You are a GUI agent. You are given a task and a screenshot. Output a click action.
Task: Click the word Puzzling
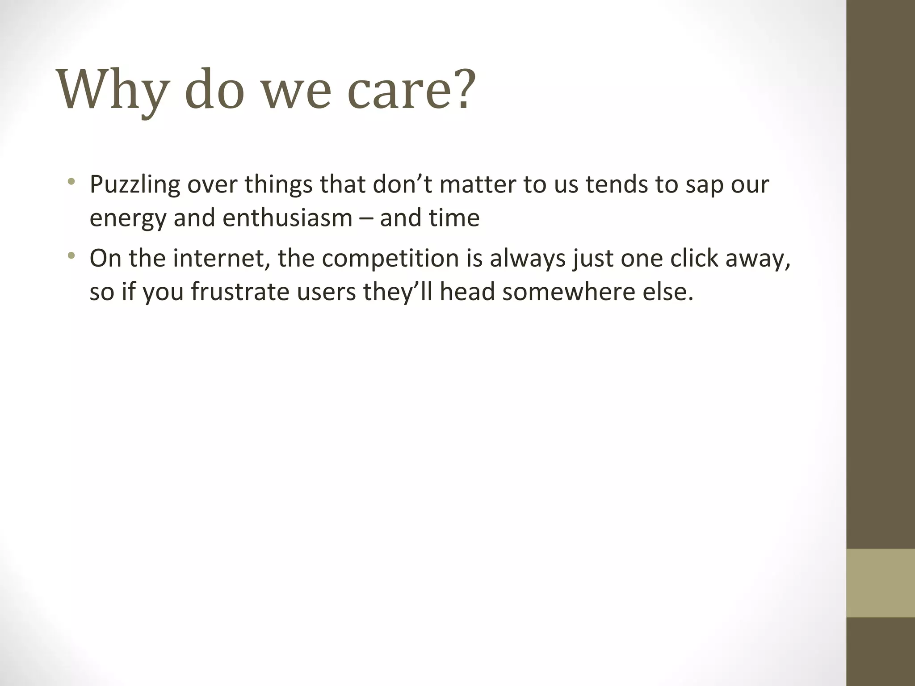click(x=134, y=185)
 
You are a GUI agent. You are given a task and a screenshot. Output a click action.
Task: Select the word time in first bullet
click(x=454, y=218)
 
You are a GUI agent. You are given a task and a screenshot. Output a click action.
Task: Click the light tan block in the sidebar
click(x=880, y=583)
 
